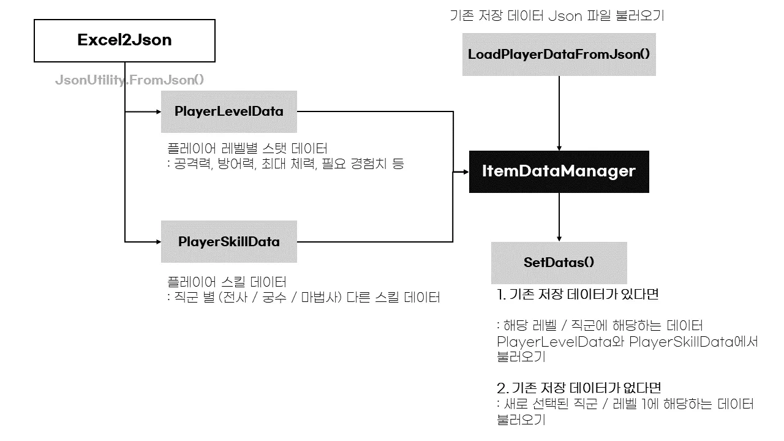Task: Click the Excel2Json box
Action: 124,40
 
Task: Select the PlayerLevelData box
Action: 228,111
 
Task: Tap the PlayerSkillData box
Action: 228,241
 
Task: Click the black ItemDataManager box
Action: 559,171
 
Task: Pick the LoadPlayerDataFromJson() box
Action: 559,54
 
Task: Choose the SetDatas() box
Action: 559,262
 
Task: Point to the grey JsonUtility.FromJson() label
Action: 129,80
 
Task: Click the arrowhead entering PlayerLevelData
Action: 157,111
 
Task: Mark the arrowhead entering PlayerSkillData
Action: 157,241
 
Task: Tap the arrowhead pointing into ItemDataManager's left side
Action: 466,172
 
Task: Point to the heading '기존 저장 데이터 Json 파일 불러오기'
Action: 556,16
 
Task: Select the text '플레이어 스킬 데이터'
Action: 227,282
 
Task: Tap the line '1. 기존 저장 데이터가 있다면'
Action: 577,295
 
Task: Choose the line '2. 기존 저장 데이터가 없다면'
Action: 579,388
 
